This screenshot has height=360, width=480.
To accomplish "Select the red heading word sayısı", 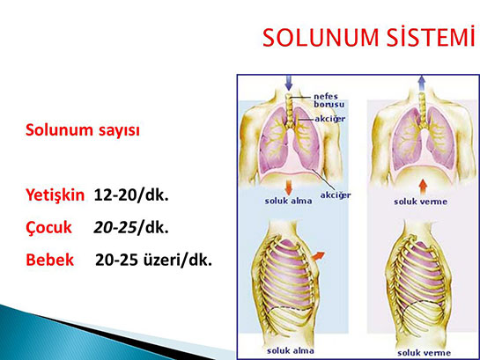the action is pyautogui.click(x=119, y=130).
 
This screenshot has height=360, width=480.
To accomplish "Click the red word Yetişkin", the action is pyautogui.click(x=55, y=195).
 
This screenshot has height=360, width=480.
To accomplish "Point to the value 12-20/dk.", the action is pyautogui.click(x=131, y=195).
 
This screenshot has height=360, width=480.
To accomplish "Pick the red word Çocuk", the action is pyautogui.click(x=48, y=228).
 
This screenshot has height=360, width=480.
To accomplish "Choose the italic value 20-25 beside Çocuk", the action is pyautogui.click(x=115, y=227).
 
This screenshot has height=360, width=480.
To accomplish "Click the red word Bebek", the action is pyautogui.click(x=50, y=260).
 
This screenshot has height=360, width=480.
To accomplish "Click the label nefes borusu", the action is pyautogui.click(x=329, y=100).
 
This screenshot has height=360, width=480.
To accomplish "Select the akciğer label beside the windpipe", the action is pyautogui.click(x=330, y=119).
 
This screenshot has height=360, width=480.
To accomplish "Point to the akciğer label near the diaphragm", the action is pyautogui.click(x=336, y=195).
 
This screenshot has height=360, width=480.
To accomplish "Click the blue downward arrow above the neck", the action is pyautogui.click(x=289, y=83).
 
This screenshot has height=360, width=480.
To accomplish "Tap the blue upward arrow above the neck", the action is pyautogui.click(x=422, y=83).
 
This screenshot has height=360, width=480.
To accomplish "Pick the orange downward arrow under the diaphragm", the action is pyautogui.click(x=288, y=187).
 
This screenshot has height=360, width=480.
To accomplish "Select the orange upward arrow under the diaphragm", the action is pyautogui.click(x=423, y=187).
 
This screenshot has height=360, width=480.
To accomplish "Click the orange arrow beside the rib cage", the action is pyautogui.click(x=318, y=256).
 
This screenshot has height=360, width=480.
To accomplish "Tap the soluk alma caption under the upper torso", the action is pyautogui.click(x=288, y=201).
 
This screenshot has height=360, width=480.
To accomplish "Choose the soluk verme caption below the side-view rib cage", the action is pyautogui.click(x=424, y=353).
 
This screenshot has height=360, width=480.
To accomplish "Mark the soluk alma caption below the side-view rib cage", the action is pyautogui.click(x=291, y=351).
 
